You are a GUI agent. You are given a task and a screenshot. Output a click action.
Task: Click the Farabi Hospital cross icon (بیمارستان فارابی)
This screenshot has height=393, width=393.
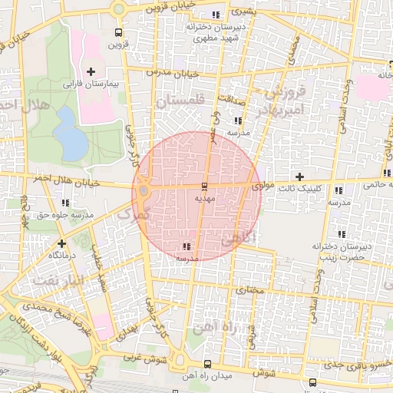pyautogui.click(x=91, y=71)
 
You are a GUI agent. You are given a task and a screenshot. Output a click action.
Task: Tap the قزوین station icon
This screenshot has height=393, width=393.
pyautogui.click(x=117, y=33)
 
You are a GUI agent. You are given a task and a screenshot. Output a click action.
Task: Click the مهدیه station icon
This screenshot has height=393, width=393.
pyautogui.click(x=203, y=187)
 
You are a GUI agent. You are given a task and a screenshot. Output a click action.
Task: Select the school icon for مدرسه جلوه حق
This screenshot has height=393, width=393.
pyautogui.click(x=65, y=203)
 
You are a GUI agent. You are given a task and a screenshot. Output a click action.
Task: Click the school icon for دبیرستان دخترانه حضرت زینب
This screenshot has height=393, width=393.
pyautogui.click(x=341, y=233)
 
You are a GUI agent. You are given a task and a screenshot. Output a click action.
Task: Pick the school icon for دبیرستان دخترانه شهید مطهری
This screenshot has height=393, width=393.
pyautogui.click(x=216, y=15)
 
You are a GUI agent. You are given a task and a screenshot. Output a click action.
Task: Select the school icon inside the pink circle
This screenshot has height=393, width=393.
pyautogui.click(x=187, y=247)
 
